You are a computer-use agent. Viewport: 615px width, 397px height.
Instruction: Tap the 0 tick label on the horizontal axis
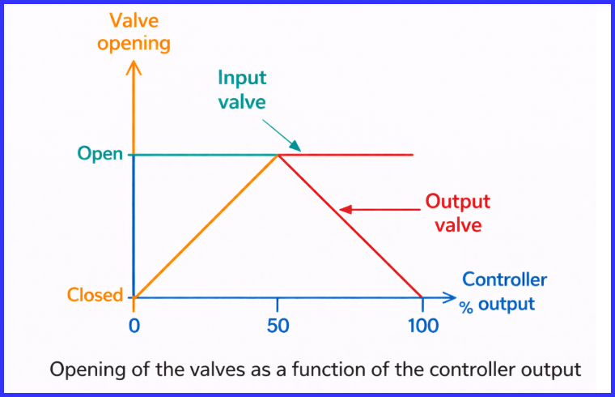pyautogui.click(x=134, y=326)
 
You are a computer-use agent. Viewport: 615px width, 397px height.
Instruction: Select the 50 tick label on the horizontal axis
pyautogui.click(x=278, y=326)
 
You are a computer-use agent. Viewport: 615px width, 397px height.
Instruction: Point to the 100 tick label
pyautogui.click(x=422, y=326)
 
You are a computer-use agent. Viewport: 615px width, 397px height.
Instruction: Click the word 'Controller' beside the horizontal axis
pyautogui.click(x=504, y=280)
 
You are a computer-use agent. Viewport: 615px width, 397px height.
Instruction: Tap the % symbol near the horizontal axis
pyautogui.click(x=465, y=309)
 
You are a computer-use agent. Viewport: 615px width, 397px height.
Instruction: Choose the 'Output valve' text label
pyautogui.click(x=458, y=212)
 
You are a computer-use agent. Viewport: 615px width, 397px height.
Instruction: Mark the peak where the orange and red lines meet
pyautogui.click(x=278, y=154)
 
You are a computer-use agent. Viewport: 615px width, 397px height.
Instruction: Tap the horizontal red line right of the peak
pyautogui.click(x=356, y=154)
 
